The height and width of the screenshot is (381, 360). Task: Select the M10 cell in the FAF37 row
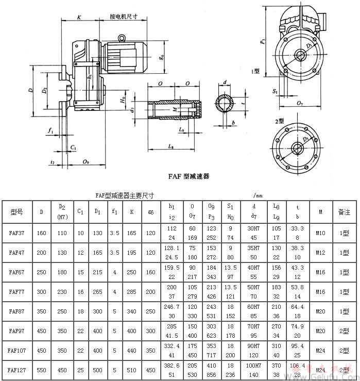point(320,233)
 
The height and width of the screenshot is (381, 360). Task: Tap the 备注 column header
point(344,212)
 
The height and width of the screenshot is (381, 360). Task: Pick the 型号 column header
point(17,212)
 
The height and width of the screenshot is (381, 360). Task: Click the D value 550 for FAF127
point(42,370)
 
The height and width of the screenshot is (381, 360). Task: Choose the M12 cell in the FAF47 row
point(320,252)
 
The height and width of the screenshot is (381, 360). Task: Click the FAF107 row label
point(18,350)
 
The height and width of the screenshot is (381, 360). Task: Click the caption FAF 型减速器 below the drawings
point(188,176)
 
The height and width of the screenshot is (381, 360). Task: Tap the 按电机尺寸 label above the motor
point(124,16)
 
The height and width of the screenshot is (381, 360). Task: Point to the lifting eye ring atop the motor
point(122,37)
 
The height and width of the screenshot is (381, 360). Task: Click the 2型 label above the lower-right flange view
point(280,121)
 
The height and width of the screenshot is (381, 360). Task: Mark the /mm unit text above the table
point(258,196)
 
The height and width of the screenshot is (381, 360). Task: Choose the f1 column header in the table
point(114,212)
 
